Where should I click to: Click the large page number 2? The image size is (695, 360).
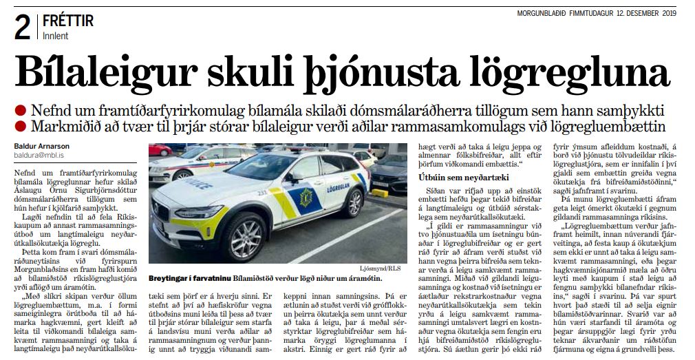click(x=21, y=27)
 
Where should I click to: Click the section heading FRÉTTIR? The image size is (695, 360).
click(x=68, y=21)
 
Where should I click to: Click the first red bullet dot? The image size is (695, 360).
click(x=21, y=111)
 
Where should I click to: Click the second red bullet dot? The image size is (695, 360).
click(x=21, y=126)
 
